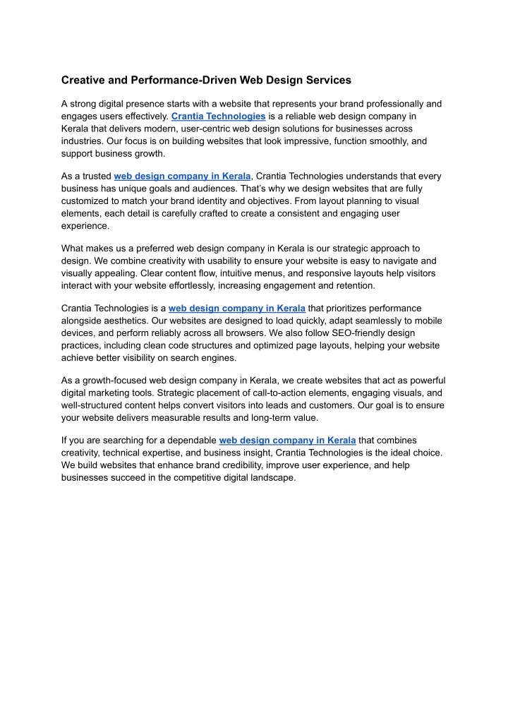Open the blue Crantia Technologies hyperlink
(x=218, y=116)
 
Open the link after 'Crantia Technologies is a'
(x=237, y=308)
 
